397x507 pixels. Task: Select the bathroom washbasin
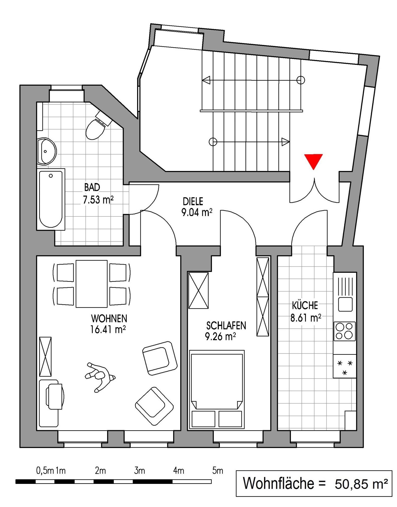point(46,151)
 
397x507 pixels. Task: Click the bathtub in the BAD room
point(51,199)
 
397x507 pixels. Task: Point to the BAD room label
point(92,187)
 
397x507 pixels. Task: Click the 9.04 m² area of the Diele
point(197,212)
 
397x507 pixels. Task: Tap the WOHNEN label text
point(109,318)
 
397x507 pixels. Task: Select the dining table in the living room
point(91,284)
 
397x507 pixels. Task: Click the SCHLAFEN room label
point(226,326)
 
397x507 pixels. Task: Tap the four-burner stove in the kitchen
point(344,331)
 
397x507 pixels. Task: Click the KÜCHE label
point(305,305)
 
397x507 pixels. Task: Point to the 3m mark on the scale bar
point(139,471)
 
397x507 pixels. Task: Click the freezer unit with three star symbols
point(345,366)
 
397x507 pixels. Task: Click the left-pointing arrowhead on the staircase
point(206,80)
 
